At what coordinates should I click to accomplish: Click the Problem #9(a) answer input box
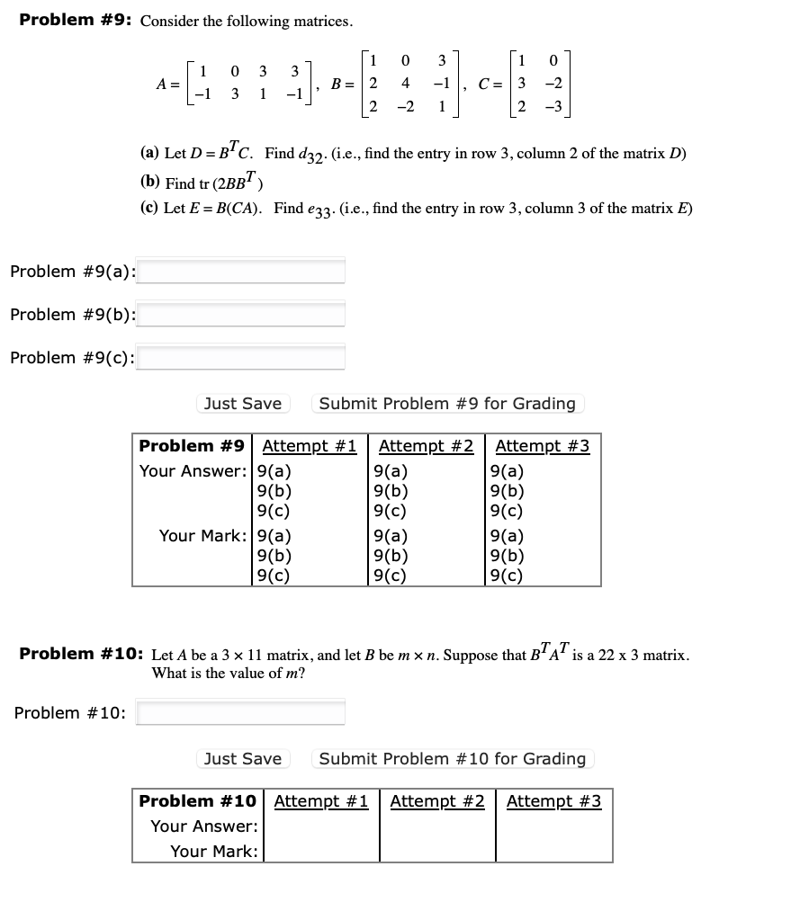(240, 271)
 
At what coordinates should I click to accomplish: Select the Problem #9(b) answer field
(240, 314)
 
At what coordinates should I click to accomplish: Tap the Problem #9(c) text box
(240, 357)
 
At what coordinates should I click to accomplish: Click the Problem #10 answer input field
(240, 713)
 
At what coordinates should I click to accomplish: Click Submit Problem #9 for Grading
(447, 404)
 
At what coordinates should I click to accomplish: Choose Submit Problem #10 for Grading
(453, 759)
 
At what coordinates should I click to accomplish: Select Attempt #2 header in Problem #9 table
(426, 446)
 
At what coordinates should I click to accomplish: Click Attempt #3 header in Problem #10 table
(553, 801)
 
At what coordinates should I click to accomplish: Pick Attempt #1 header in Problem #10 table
(320, 801)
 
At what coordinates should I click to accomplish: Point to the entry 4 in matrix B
(405, 84)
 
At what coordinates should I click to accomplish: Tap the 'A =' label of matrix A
(167, 84)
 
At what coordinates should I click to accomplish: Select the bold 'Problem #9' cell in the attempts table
(192, 446)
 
